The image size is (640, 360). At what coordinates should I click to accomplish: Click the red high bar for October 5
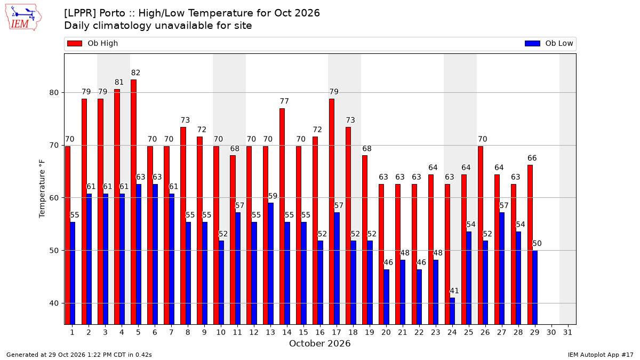pos(134,202)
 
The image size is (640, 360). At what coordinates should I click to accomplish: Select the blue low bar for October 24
pos(452,311)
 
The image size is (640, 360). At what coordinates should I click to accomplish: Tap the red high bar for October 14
pos(282,217)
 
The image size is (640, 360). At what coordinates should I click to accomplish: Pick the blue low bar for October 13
pos(270,263)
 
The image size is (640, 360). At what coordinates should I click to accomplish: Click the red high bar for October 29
pos(530,245)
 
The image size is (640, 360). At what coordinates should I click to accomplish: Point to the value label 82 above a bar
pos(135,73)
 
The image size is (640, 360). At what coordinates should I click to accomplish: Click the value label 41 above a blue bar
pos(454,291)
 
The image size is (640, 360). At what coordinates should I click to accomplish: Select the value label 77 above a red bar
pos(284,101)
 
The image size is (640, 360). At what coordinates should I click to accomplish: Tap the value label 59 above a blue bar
pos(273,196)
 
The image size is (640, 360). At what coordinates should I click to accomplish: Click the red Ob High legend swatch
pos(75,43)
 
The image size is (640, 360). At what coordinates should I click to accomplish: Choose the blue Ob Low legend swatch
pos(533,43)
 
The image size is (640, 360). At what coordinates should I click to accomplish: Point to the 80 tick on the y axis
pos(54,93)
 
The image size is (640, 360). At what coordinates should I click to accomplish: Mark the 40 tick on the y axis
pos(54,303)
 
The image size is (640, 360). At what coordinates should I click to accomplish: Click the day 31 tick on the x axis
pos(567,332)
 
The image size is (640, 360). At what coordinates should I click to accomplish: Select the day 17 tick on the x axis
pos(337,332)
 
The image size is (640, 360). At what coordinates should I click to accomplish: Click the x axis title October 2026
pos(319,343)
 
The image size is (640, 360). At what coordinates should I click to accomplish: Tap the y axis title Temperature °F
pos(42,189)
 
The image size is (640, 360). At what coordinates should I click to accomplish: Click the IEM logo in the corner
pos(23,17)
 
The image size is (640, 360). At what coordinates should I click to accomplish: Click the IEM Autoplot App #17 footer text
pos(601,355)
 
